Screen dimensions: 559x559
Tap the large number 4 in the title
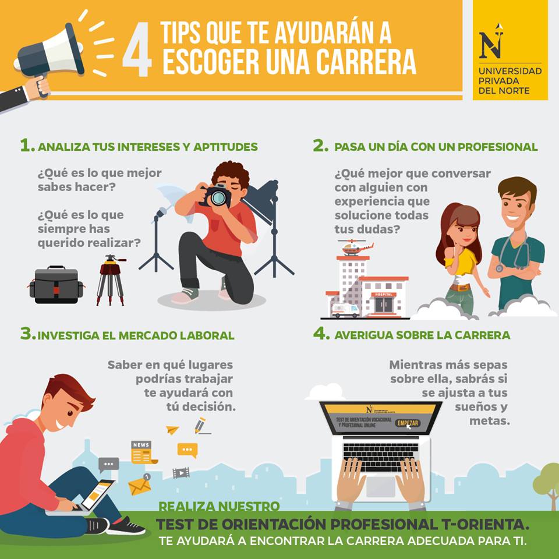coord(137,49)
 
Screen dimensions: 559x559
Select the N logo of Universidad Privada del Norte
coord(491,42)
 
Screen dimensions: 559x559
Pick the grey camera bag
coord(56,285)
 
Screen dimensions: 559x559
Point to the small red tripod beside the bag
coord(111,280)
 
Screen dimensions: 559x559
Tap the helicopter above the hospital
coord(355,247)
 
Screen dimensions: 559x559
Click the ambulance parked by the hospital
coord(345,310)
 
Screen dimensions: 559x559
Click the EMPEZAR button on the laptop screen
coord(408,423)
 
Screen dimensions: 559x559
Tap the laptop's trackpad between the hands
coord(381,486)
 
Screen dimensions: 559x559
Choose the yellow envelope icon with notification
coord(140,485)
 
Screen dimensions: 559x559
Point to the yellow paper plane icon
coord(172,430)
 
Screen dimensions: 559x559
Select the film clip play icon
coord(181,473)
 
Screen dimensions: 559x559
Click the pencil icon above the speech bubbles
coord(200,426)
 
